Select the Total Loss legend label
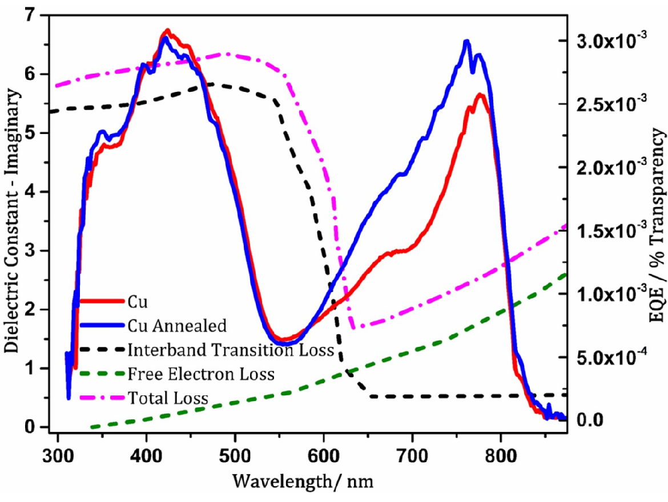tap(169, 396)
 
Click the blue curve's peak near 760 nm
tap(466, 41)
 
